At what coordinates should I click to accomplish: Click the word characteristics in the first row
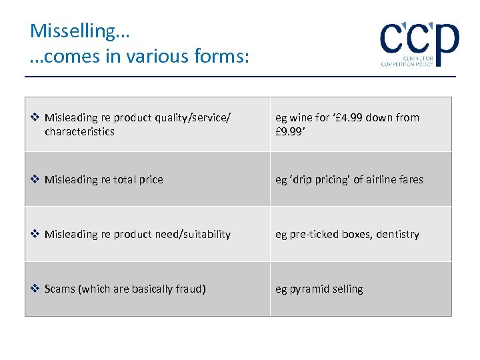(79, 131)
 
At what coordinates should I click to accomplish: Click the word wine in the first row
(300, 118)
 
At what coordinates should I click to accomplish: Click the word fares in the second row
(411, 179)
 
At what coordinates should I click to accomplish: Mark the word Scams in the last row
(61, 289)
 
